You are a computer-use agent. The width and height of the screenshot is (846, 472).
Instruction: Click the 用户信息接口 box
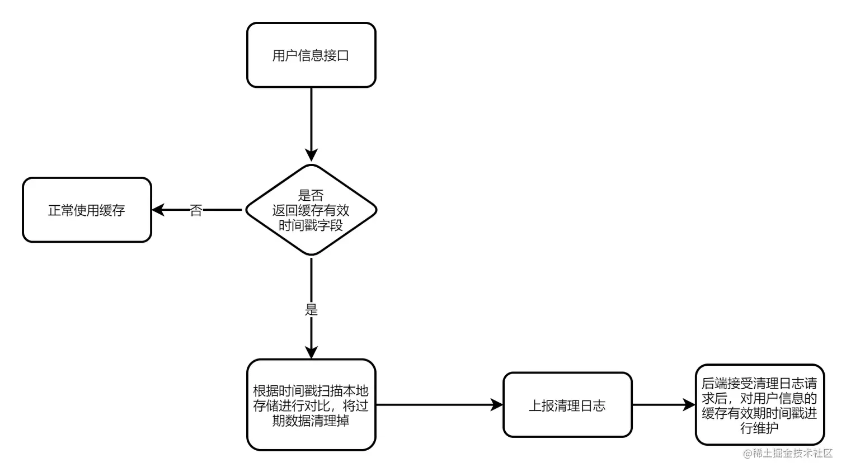pos(311,55)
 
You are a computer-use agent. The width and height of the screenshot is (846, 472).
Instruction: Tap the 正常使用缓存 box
pos(87,210)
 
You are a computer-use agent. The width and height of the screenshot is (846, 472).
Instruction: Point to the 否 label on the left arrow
pos(196,211)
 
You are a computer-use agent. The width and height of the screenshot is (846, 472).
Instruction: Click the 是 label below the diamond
pos(311,309)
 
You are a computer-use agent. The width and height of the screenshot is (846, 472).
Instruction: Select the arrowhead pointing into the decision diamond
pos(311,155)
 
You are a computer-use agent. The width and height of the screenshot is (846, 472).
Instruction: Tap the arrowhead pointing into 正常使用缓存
pos(158,210)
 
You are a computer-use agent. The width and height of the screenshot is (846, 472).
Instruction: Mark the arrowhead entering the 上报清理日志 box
pos(497,405)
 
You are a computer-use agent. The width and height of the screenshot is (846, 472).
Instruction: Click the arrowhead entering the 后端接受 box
pos(689,405)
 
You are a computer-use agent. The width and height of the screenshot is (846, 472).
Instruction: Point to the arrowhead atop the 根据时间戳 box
pos(311,352)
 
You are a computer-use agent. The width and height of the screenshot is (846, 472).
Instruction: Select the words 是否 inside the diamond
pos(311,195)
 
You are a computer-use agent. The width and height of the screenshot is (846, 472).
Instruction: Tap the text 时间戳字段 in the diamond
pos(311,225)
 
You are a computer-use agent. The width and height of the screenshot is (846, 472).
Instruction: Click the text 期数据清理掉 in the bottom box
pos(311,421)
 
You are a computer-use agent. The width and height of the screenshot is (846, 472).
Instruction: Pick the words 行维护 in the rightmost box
pos(759,428)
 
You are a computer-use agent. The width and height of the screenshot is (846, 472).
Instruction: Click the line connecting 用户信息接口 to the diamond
pos(311,117)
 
